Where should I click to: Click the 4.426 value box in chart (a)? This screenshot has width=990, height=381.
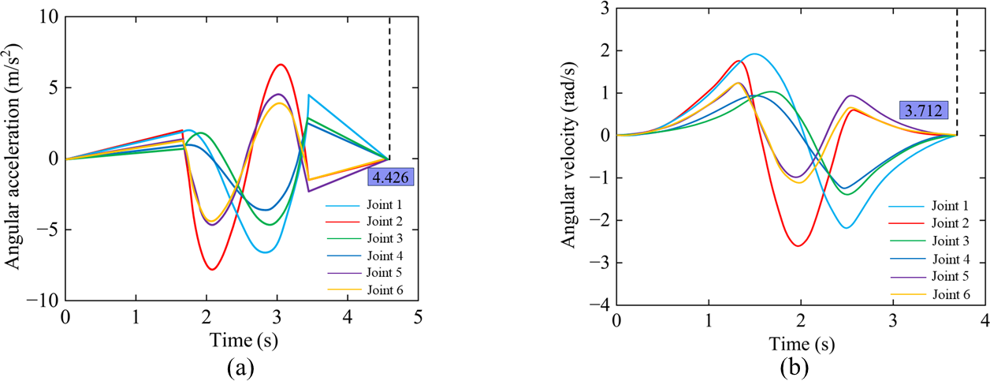coord(391,177)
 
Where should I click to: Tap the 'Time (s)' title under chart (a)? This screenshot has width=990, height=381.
coord(242,341)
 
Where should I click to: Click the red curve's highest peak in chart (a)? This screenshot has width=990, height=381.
coord(281,65)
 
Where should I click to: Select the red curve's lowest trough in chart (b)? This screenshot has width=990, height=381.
coord(799,245)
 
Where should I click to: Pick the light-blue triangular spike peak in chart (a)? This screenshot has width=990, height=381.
coord(309,95)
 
